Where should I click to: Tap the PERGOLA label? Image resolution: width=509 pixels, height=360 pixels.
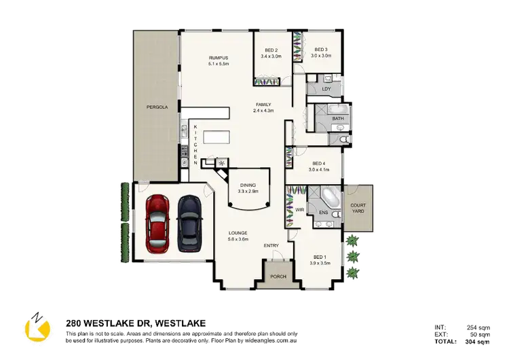(157, 107)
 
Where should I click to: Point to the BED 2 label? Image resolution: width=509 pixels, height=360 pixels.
(271, 50)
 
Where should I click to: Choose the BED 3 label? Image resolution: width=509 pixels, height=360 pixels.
(321, 50)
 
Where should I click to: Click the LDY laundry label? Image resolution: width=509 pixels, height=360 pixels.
(326, 88)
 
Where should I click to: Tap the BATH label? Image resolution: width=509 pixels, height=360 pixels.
(338, 119)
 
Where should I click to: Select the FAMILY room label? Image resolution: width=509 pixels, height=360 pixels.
(263, 105)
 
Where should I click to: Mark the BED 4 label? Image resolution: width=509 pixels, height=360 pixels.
(318, 164)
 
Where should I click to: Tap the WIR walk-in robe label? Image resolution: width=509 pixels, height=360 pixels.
(299, 210)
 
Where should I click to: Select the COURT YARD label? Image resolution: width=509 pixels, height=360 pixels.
(358, 208)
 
